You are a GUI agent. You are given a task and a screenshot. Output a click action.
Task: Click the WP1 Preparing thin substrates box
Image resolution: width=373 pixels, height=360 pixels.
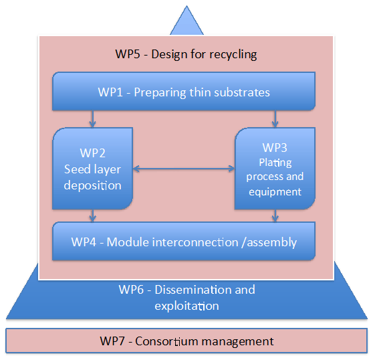(x=184, y=91)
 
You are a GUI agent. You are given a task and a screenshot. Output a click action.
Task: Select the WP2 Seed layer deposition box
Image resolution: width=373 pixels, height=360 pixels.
(x=92, y=169)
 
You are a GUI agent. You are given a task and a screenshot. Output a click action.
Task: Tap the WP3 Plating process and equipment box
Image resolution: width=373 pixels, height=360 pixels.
(x=275, y=169)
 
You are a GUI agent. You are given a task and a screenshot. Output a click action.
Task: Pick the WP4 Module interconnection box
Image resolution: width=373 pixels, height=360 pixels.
(x=184, y=241)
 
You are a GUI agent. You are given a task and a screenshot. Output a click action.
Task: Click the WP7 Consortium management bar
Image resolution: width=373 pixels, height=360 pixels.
(x=186, y=341)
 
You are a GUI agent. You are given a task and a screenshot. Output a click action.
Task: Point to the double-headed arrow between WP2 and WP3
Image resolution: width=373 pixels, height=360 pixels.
(x=184, y=169)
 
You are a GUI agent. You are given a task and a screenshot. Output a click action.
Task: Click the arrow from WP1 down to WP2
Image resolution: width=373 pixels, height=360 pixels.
(x=92, y=119)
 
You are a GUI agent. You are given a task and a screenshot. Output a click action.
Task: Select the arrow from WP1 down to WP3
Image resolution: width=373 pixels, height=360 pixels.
(x=275, y=119)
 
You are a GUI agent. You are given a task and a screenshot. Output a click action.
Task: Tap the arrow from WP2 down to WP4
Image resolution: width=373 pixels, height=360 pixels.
(x=92, y=215)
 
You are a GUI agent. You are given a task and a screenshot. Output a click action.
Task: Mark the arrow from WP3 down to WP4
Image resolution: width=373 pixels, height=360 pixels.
(x=275, y=215)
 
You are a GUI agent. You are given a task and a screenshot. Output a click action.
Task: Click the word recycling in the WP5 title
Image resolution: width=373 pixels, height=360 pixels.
(x=233, y=55)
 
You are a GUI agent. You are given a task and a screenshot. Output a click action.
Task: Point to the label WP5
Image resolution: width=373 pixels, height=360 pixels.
(x=128, y=54)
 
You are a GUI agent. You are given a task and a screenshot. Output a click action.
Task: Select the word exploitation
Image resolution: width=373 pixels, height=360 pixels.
(x=186, y=306)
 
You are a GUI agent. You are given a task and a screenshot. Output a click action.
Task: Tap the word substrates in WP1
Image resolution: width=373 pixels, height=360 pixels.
(x=242, y=92)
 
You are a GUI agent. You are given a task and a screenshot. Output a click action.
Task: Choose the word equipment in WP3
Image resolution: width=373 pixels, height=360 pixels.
(x=275, y=192)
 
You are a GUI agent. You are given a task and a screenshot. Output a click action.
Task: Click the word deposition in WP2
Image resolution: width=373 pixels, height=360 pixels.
(x=92, y=185)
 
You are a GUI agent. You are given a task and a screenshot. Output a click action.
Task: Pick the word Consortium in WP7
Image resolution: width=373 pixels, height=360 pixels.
(x=166, y=341)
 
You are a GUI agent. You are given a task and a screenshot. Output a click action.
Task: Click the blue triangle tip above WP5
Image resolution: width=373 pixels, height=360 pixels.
(x=186, y=6)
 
